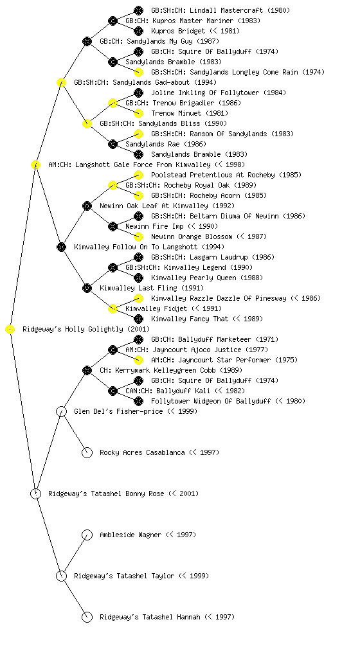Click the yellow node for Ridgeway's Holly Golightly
10,330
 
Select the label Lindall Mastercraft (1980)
221,10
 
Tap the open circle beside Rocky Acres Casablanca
87,453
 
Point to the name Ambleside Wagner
130,535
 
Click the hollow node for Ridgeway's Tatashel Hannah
87,618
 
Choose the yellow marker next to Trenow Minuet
138,113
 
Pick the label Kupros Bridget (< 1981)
195,31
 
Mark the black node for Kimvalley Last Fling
87,289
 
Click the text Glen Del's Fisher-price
118,412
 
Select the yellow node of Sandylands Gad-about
61,83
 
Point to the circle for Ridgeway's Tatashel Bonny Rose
35,494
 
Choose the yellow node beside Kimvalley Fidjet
113,309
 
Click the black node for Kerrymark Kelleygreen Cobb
87,371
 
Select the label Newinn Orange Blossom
192,236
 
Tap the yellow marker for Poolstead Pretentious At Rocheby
138,175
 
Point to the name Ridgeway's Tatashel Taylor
124,576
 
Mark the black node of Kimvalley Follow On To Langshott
61,247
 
